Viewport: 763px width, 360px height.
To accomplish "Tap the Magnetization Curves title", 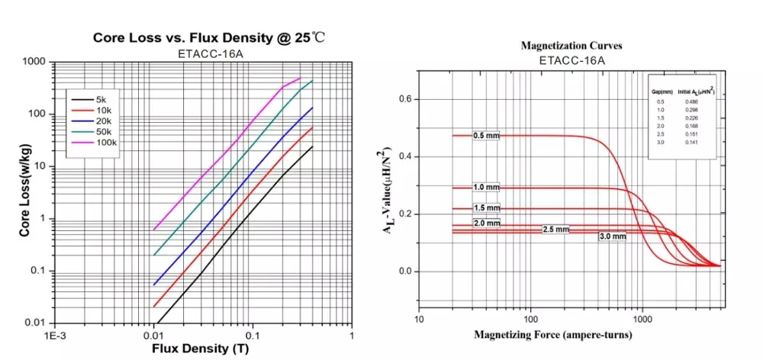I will [571, 46].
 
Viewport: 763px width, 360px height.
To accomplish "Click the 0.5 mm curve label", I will [485, 136].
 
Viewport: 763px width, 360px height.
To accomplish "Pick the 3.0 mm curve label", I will [612, 236].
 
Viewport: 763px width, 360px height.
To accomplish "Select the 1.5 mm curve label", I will [487, 207].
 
